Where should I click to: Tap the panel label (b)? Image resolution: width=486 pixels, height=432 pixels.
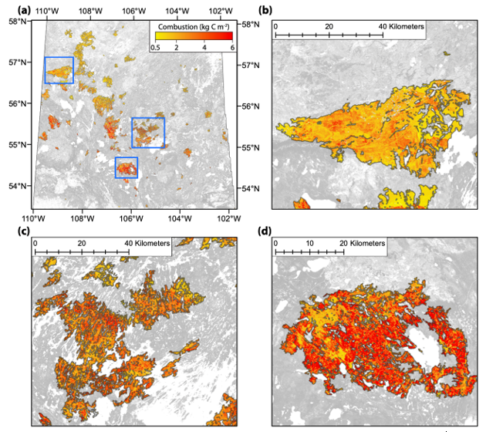tap(266, 10)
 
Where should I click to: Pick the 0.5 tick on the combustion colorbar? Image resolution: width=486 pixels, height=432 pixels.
tap(154, 48)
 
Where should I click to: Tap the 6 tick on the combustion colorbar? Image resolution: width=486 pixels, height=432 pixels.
tap(231, 48)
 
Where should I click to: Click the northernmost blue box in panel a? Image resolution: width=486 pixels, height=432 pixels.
tap(59, 70)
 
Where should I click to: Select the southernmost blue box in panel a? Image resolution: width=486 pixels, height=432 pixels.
tap(127, 167)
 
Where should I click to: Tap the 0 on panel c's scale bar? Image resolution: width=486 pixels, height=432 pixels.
tap(35, 244)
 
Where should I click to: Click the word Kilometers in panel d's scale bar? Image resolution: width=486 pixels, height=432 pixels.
tap(367, 244)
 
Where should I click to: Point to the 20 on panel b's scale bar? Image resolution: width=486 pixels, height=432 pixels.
tap(329, 26)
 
